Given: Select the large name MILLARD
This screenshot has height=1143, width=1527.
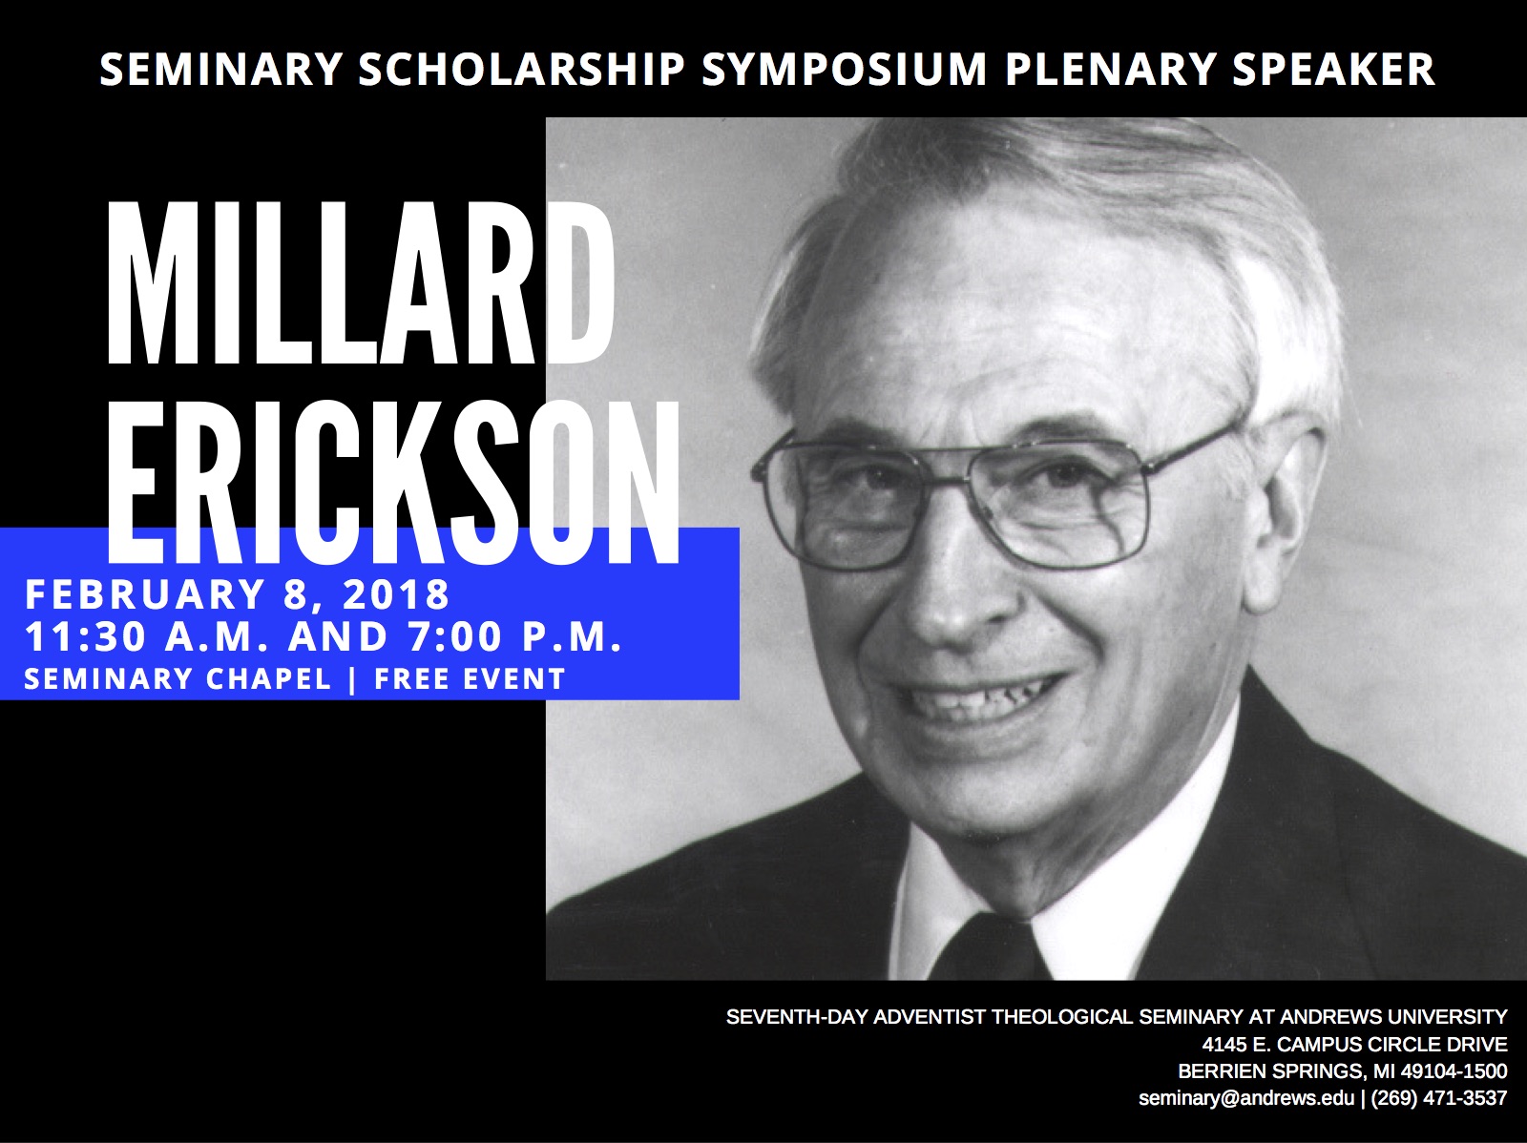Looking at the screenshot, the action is [361, 283].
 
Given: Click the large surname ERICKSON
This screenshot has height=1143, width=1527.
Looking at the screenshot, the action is [394, 481].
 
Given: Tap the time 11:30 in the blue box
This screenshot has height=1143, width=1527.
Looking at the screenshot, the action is [86, 636].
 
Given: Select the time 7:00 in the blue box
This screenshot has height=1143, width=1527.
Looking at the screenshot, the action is [455, 636].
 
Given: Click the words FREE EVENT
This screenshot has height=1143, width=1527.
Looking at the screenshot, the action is [470, 679].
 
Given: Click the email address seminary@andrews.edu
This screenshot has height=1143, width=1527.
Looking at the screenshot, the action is [1246, 1098].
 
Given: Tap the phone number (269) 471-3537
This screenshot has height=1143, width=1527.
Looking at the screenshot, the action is [1438, 1098].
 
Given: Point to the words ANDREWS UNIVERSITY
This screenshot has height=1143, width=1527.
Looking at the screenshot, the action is [1393, 1017].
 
